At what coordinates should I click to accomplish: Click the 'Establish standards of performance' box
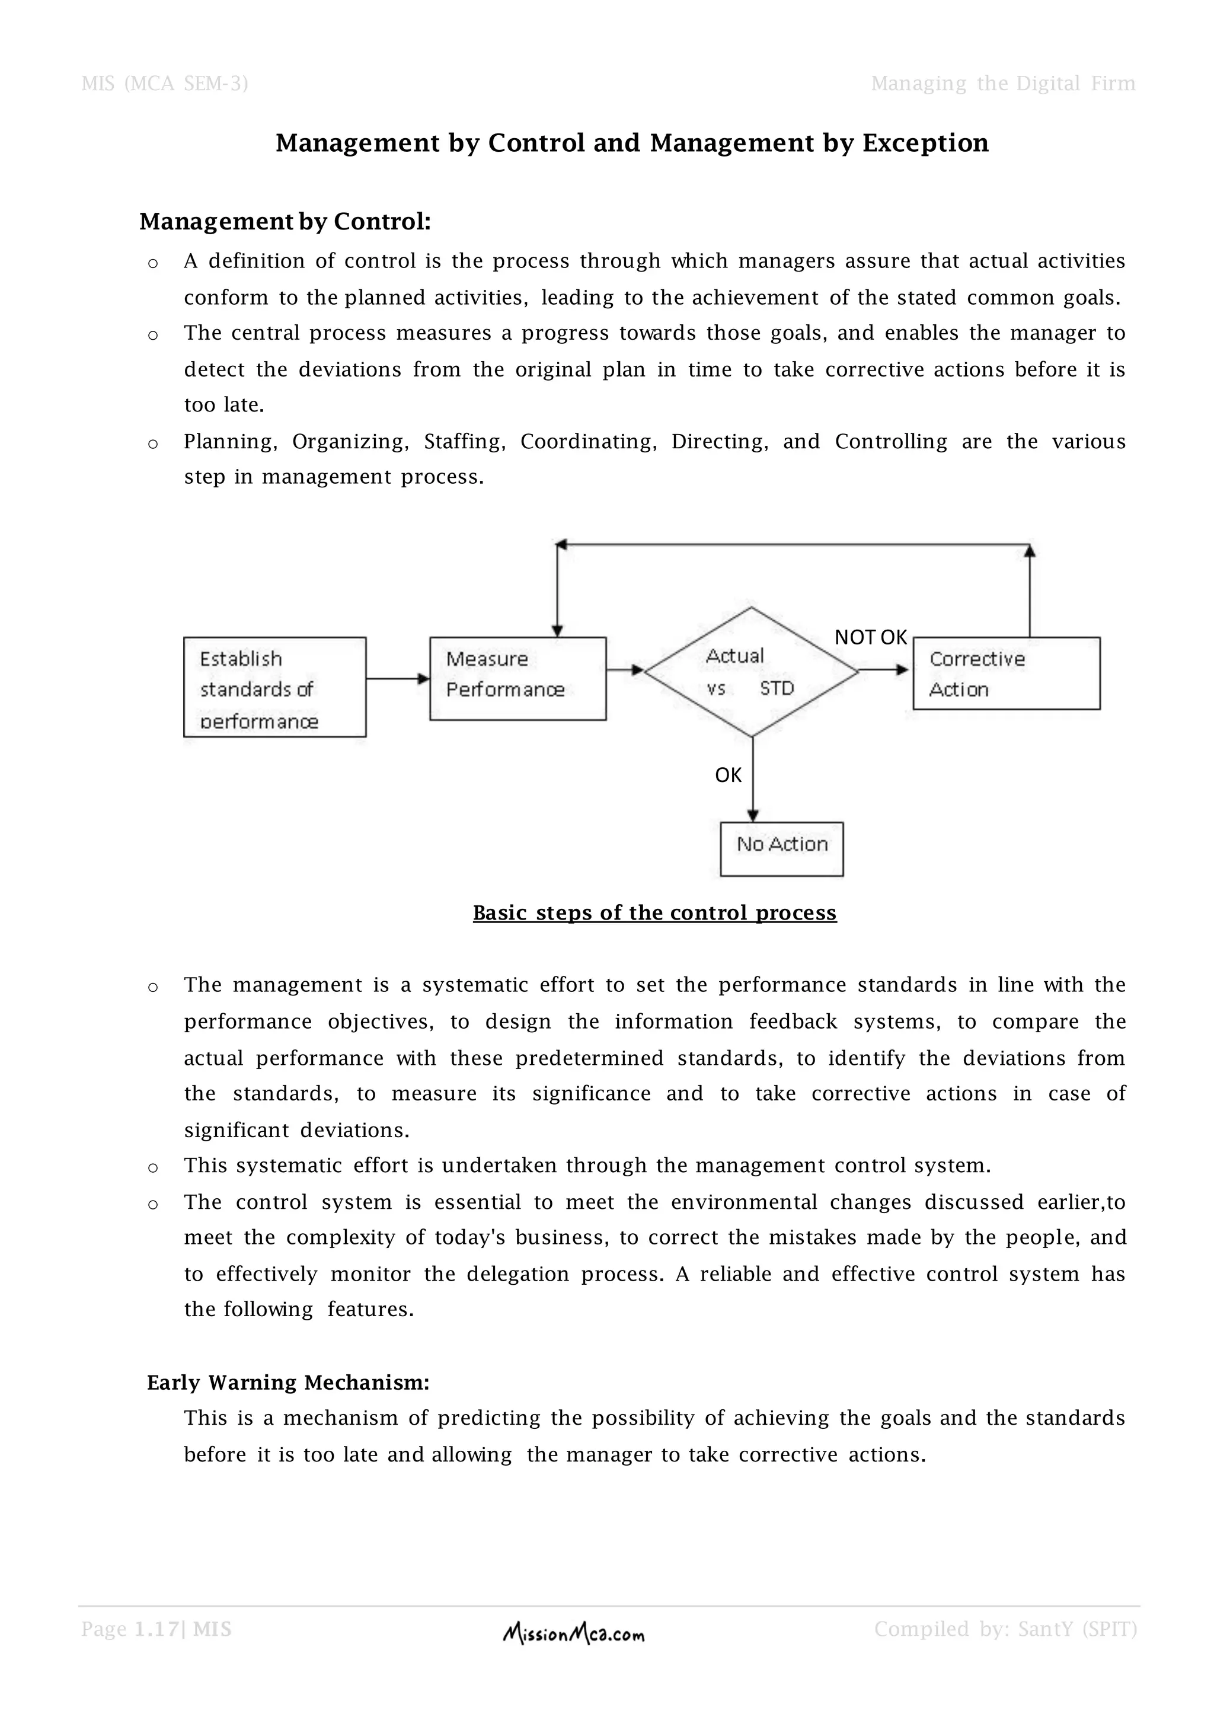pyautogui.click(x=274, y=687)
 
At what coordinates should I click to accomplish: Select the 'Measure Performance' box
pyautogui.click(x=517, y=678)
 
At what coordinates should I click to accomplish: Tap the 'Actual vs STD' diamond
pyautogui.click(x=750, y=672)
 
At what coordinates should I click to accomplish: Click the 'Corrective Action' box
pyautogui.click(x=1005, y=673)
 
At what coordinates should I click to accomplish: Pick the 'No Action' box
pyautogui.click(x=781, y=849)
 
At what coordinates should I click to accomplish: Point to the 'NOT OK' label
pyautogui.click(x=870, y=637)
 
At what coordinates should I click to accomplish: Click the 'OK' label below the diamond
pyautogui.click(x=727, y=775)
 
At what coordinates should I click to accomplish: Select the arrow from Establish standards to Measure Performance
pyautogui.click(x=398, y=678)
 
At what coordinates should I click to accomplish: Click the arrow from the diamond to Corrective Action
pyautogui.click(x=884, y=670)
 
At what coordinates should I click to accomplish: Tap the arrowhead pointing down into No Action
pyautogui.click(x=753, y=815)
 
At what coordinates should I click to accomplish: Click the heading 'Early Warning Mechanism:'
pyautogui.click(x=288, y=1382)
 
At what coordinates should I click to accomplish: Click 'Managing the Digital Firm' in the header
pyautogui.click(x=1002, y=83)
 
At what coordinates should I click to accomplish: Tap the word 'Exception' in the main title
pyautogui.click(x=925, y=143)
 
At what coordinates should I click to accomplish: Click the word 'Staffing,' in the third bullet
pyautogui.click(x=464, y=441)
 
